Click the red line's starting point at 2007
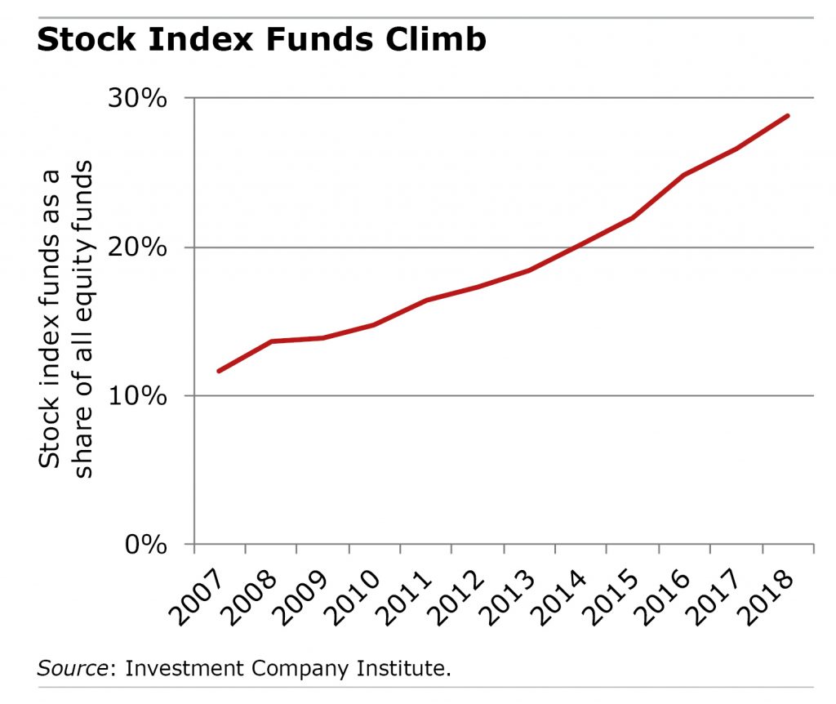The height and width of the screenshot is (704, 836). coord(218,371)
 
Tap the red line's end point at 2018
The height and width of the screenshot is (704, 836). coord(788,116)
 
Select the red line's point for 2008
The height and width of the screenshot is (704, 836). coord(270,341)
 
